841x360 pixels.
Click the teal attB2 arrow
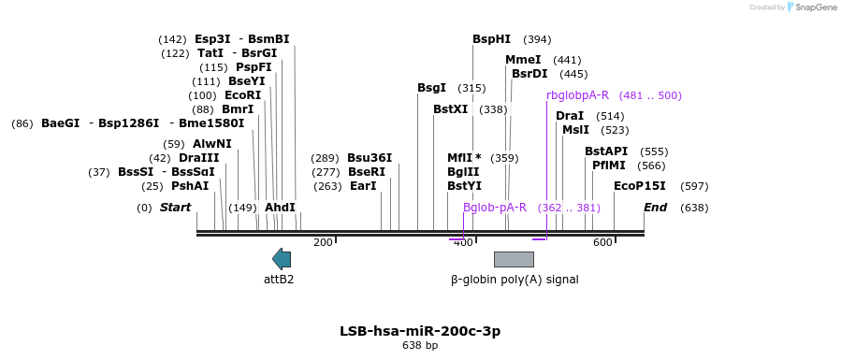pyautogui.click(x=282, y=259)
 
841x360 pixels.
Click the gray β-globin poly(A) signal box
pyautogui.click(x=514, y=259)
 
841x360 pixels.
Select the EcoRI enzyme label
pyautogui.click(x=242, y=95)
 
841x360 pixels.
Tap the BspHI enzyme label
pyautogui.click(x=491, y=39)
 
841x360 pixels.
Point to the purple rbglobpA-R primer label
pyautogui.click(x=577, y=95)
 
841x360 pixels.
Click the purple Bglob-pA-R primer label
pyautogui.click(x=495, y=208)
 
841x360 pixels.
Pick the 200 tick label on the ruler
pyautogui.click(x=323, y=243)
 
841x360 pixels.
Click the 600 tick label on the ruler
pyautogui.click(x=602, y=243)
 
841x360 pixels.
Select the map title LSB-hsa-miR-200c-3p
pyautogui.click(x=421, y=331)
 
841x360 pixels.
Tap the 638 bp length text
pyautogui.click(x=421, y=346)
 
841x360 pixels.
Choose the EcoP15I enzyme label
pyautogui.click(x=640, y=186)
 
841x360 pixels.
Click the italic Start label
pyautogui.click(x=175, y=208)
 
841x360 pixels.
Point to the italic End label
pyautogui.click(x=656, y=208)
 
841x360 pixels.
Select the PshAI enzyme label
pyautogui.click(x=190, y=186)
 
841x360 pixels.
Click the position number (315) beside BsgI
pyautogui.click(x=471, y=89)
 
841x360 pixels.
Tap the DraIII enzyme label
pyautogui.click(x=199, y=158)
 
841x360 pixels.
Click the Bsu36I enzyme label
pyautogui.click(x=370, y=158)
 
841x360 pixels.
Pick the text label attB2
pyautogui.click(x=279, y=279)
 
